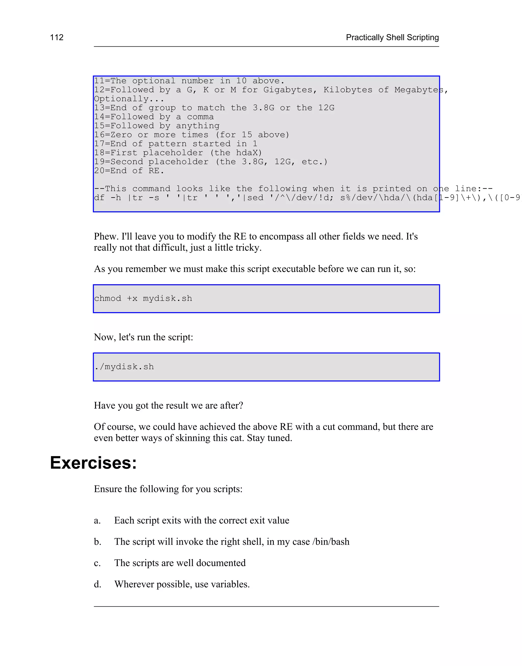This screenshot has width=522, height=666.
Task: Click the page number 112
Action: tap(57, 37)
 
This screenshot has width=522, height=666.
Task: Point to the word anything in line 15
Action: tap(198, 126)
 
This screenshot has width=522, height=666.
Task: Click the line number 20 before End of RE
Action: tap(99, 171)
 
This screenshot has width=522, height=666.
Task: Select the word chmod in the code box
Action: tap(108, 298)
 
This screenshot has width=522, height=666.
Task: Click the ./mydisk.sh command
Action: tap(124, 367)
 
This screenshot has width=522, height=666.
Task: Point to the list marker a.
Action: tap(97, 520)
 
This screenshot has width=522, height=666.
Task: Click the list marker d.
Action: tap(97, 584)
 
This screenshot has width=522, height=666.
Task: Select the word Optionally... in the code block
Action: tap(129, 99)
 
